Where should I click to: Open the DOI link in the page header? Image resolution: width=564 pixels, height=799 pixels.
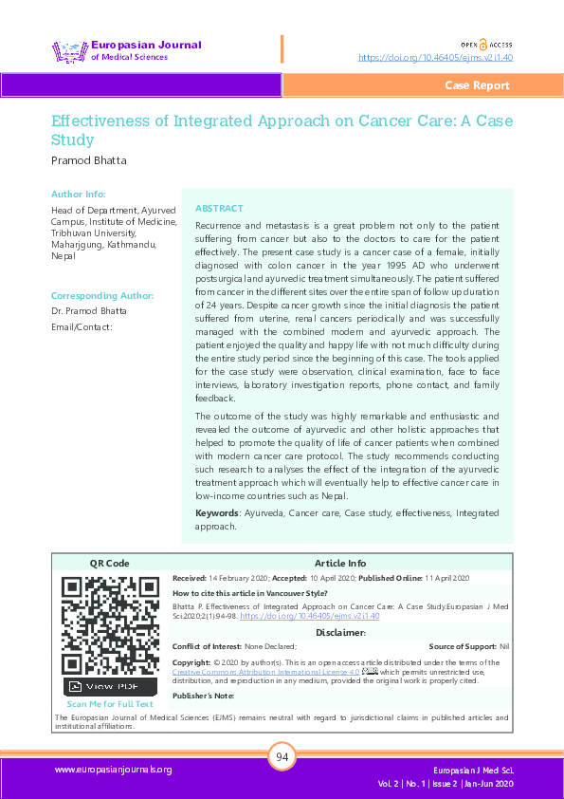click(435, 57)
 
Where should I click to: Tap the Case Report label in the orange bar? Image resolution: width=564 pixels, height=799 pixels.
click(477, 85)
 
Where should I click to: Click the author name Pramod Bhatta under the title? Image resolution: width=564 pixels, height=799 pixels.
click(88, 160)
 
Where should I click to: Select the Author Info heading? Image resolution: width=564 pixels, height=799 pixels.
click(78, 194)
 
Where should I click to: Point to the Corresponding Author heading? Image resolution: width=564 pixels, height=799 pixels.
click(101, 295)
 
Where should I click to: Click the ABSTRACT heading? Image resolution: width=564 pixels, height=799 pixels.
click(219, 208)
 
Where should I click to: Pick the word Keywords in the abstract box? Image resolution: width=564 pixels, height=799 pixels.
click(217, 512)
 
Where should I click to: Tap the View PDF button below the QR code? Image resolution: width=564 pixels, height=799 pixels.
click(111, 686)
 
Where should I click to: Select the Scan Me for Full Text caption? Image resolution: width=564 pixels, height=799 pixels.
click(110, 704)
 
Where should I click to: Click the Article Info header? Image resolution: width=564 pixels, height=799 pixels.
click(339, 563)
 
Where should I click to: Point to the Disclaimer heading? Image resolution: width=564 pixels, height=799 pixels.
click(340, 632)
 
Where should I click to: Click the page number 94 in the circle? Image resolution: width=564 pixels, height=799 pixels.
click(282, 757)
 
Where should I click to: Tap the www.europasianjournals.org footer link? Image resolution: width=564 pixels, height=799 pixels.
click(113, 770)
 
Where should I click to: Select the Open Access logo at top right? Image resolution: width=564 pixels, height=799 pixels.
click(486, 44)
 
